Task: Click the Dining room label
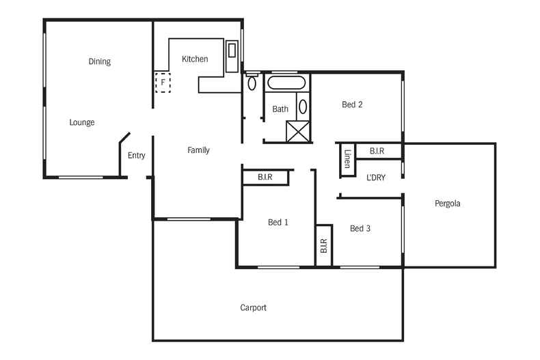99,61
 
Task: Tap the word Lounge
81,122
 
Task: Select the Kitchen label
195,59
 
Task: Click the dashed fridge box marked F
163,82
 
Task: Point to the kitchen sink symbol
232,50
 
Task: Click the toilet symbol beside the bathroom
252,83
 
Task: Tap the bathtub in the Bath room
287,85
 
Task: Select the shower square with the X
297,130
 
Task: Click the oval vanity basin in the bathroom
303,107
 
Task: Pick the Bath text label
280,109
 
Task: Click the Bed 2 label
352,105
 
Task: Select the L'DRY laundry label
375,178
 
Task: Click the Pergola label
447,204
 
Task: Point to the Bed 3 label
360,228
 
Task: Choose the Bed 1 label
278,222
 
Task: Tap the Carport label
253,307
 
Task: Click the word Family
198,150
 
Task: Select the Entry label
136,156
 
